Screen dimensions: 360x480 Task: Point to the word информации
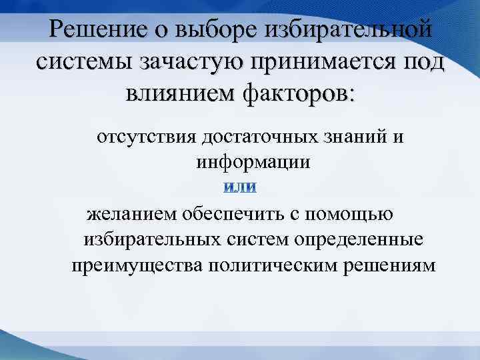pos(254,162)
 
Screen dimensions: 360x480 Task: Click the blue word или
pos(239,189)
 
